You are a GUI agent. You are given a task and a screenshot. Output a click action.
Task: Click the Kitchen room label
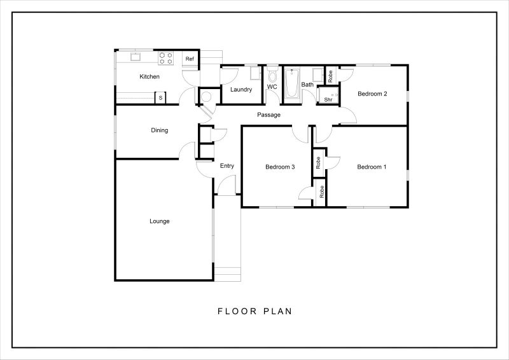[x=150, y=76]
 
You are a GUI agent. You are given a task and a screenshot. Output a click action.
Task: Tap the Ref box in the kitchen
[x=190, y=59]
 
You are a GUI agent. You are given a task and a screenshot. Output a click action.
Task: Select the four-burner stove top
[x=165, y=59]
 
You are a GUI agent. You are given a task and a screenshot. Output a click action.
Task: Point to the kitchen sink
[x=136, y=57]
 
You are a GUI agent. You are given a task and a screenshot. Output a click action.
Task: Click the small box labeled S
[x=160, y=98]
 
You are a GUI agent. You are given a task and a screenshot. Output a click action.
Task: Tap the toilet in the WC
[x=272, y=74]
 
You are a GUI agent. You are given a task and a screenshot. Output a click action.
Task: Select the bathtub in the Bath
[x=292, y=84]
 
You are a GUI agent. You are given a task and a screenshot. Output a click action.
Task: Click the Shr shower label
[x=328, y=100]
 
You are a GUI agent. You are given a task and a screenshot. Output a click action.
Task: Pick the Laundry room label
[x=241, y=90]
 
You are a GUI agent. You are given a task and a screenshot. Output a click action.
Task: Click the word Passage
[x=268, y=115]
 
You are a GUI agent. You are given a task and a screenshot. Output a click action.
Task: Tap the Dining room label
[x=160, y=130]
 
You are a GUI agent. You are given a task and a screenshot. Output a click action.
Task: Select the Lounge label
[x=160, y=221]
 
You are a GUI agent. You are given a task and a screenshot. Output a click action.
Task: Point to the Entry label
[x=227, y=166]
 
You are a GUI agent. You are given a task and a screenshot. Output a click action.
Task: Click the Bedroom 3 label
[x=280, y=167]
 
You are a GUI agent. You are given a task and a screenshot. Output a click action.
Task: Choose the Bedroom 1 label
[x=372, y=167]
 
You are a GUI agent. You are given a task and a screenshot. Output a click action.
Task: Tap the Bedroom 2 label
[x=372, y=93]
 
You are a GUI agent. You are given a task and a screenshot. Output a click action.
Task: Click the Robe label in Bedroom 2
[x=330, y=76]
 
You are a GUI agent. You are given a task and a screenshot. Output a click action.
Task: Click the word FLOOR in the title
[x=237, y=311]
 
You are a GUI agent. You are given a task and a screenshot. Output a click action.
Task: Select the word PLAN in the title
[x=277, y=311]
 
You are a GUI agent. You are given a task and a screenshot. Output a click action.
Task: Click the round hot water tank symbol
[x=206, y=97]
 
